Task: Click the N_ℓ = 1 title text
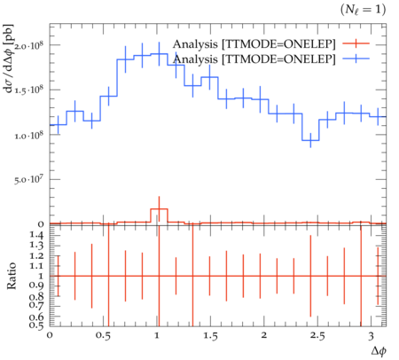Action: (x=363, y=10)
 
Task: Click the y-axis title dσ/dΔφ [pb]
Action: (x=9, y=59)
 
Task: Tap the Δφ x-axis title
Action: (x=379, y=351)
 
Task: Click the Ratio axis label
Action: (x=12, y=276)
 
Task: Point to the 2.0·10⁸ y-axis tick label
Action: (x=29, y=46)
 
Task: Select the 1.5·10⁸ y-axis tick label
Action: (x=29, y=90)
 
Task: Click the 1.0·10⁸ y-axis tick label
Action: (x=29, y=135)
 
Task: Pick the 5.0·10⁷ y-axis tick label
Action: (x=29, y=180)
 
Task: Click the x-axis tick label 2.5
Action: (x=317, y=336)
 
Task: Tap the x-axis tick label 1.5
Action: (x=210, y=336)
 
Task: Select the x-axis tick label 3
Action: (x=371, y=336)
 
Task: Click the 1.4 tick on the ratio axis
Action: (x=36, y=235)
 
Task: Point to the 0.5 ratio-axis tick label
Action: (x=36, y=325)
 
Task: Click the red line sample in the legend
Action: (x=356, y=43)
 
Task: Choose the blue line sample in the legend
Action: (x=356, y=59)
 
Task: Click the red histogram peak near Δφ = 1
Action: (x=160, y=209)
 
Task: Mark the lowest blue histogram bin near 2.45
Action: (x=310, y=140)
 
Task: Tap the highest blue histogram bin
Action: (x=160, y=54)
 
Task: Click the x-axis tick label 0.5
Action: (x=103, y=336)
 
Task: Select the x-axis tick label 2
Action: (x=264, y=335)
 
